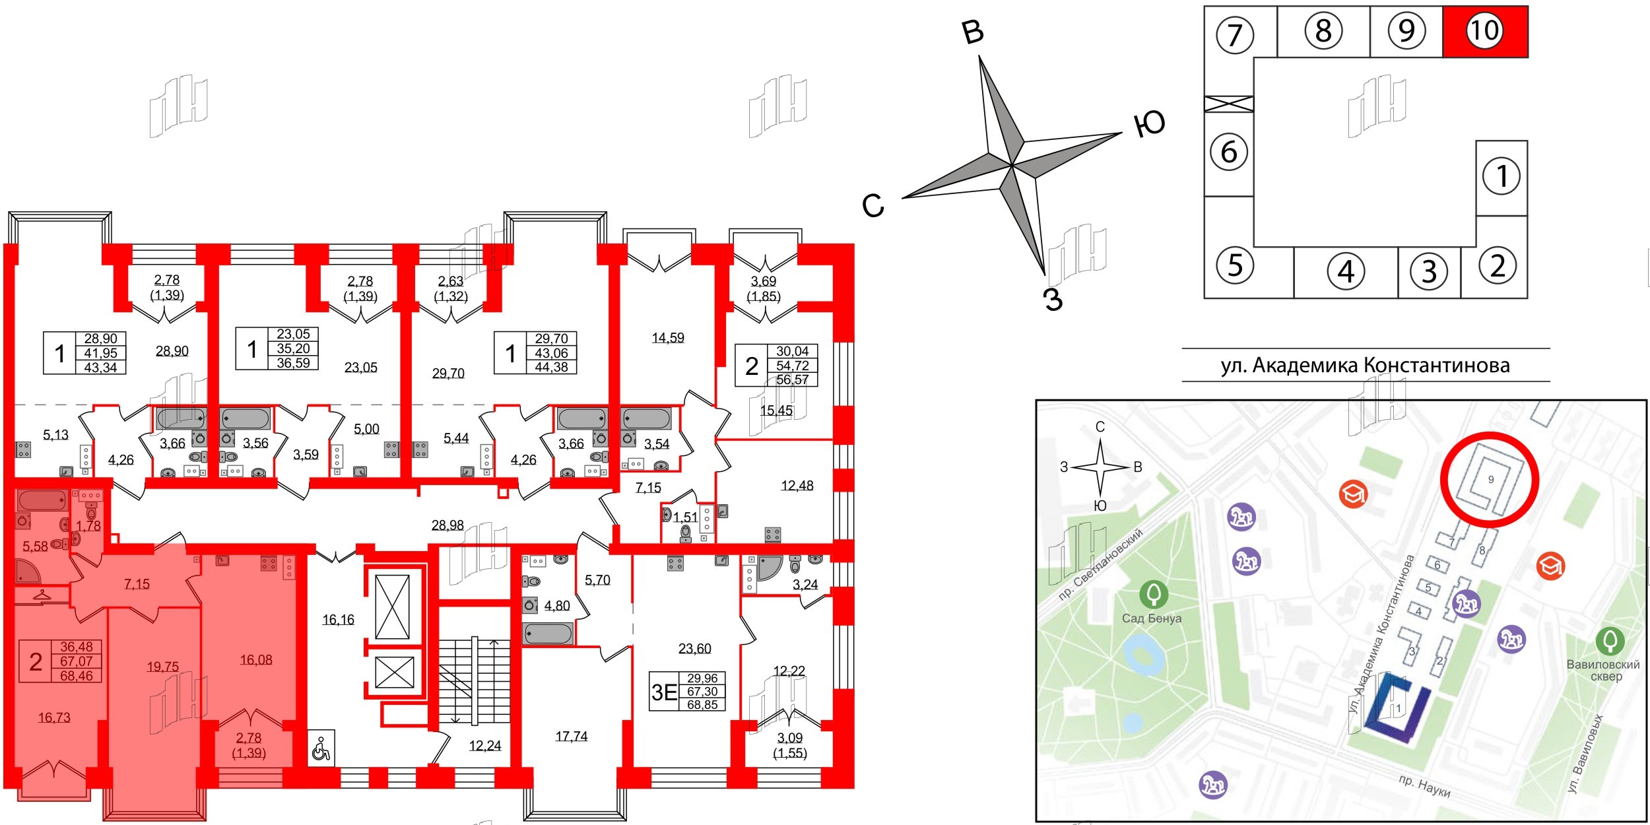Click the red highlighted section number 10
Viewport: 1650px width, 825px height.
pyautogui.click(x=1484, y=31)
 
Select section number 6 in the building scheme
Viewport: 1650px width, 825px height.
pyautogui.click(x=1228, y=152)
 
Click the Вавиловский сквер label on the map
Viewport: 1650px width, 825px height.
pyautogui.click(x=1602, y=670)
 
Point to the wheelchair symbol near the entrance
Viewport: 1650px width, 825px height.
pyautogui.click(x=321, y=748)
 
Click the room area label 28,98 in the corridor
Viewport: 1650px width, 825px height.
pyautogui.click(x=447, y=526)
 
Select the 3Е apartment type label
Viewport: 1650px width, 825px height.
pyautogui.click(x=664, y=692)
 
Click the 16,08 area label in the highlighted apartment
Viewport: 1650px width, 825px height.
pyautogui.click(x=256, y=659)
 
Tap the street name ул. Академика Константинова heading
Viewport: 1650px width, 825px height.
pyautogui.click(x=1365, y=365)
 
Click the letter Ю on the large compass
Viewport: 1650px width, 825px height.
pyautogui.click(x=1149, y=124)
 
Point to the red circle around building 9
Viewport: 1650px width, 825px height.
pyautogui.click(x=1489, y=480)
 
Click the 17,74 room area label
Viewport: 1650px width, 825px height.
pyautogui.click(x=571, y=736)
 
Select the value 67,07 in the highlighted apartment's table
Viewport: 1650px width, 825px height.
pyautogui.click(x=77, y=661)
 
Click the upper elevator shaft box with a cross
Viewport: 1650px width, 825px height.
pyautogui.click(x=392, y=607)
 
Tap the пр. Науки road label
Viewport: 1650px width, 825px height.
pyautogui.click(x=1424, y=786)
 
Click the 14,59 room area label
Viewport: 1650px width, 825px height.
pyautogui.click(x=668, y=338)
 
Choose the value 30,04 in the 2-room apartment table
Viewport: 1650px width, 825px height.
pyautogui.click(x=792, y=352)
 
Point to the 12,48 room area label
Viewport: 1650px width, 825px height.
pyautogui.click(x=797, y=486)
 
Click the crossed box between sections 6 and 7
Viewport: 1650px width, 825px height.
pyautogui.click(x=1228, y=104)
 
